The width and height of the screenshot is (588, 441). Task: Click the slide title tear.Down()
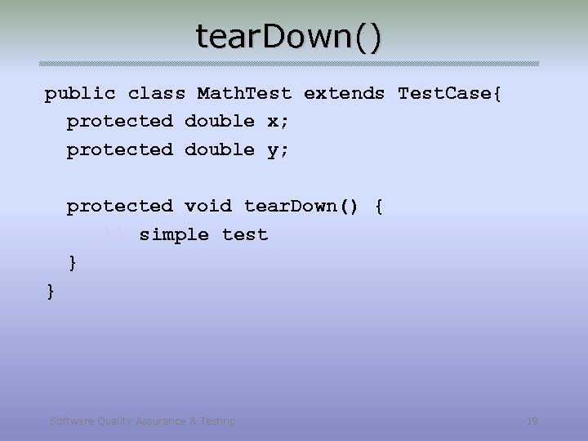(288, 37)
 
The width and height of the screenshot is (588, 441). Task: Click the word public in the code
(80, 93)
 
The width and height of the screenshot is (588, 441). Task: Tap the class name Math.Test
(244, 93)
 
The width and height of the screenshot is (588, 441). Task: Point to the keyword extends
(344, 93)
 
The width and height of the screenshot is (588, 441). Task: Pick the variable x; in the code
(278, 122)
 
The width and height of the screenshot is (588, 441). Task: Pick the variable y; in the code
(278, 150)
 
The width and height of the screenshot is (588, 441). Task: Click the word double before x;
(220, 122)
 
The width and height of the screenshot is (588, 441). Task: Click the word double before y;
(220, 150)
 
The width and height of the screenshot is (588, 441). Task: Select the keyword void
(208, 206)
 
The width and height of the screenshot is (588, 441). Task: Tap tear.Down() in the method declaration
(301, 206)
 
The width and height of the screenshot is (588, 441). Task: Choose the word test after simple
(245, 235)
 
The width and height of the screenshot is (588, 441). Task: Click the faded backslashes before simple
(116, 235)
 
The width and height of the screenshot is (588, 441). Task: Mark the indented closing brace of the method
(73, 263)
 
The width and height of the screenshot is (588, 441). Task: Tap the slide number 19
(532, 421)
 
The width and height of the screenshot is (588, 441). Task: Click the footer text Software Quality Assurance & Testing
(142, 421)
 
